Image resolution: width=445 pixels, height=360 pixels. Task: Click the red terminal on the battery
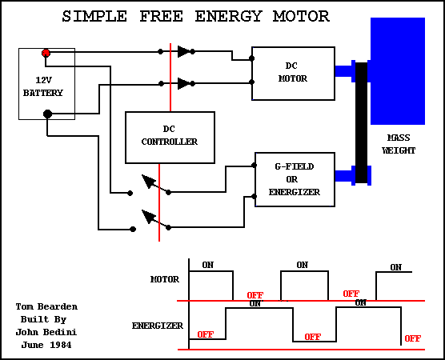46,53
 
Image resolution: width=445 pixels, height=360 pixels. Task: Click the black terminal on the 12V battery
47,114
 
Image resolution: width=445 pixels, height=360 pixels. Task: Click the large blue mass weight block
398,71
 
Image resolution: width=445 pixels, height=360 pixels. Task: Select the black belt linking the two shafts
361,122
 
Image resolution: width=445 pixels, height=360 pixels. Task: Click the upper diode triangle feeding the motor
183,52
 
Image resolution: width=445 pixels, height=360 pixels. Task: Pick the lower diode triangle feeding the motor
183,84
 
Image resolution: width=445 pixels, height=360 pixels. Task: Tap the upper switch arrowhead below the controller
148,182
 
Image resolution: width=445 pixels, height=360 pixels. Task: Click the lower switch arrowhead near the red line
148,217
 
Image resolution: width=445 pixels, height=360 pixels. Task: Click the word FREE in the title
161,17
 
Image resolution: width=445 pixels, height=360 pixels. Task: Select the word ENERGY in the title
228,17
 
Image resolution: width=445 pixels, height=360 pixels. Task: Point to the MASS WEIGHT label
399,144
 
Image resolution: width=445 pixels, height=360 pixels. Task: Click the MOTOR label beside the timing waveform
165,280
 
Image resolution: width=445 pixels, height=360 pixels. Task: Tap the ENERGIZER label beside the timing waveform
158,326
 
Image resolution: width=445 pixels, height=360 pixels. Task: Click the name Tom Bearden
46,306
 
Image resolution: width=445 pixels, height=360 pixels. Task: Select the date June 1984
46,345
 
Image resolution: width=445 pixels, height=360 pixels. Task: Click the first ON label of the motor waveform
208,265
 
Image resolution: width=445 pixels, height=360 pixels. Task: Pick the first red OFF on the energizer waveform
205,334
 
